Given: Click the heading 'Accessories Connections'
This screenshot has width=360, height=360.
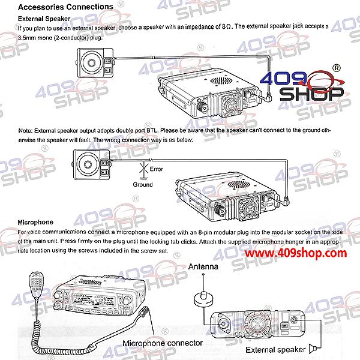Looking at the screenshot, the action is [x=65, y=7].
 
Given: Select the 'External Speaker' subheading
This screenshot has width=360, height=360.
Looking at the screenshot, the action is [x=44, y=19].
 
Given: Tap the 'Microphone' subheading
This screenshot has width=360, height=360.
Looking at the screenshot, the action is [x=35, y=222].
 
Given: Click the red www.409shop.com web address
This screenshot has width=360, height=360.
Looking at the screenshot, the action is [x=296, y=253].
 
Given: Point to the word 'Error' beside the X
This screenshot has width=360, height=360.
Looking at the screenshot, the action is [x=157, y=169].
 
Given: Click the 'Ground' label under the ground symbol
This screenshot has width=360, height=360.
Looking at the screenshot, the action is [x=143, y=185].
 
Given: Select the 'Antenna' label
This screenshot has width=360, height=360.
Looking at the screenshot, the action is [x=203, y=266].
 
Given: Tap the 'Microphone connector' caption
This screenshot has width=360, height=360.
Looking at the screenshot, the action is [x=163, y=343].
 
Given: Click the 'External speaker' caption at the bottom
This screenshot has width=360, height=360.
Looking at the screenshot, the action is [x=275, y=350].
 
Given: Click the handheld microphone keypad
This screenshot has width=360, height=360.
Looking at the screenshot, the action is [x=36, y=284].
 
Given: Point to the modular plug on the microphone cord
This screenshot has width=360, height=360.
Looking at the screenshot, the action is [x=145, y=312].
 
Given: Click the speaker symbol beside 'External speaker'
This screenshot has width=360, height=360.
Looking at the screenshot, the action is [x=313, y=349].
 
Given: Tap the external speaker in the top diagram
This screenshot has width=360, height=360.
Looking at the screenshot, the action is [x=95, y=62].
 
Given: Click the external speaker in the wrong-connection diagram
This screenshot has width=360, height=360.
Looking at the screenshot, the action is [x=91, y=164].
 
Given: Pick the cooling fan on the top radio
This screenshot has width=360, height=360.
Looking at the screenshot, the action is [x=231, y=103].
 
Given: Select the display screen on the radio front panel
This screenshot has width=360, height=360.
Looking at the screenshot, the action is [x=94, y=300].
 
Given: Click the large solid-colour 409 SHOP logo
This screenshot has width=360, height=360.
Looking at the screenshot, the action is [x=302, y=84].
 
